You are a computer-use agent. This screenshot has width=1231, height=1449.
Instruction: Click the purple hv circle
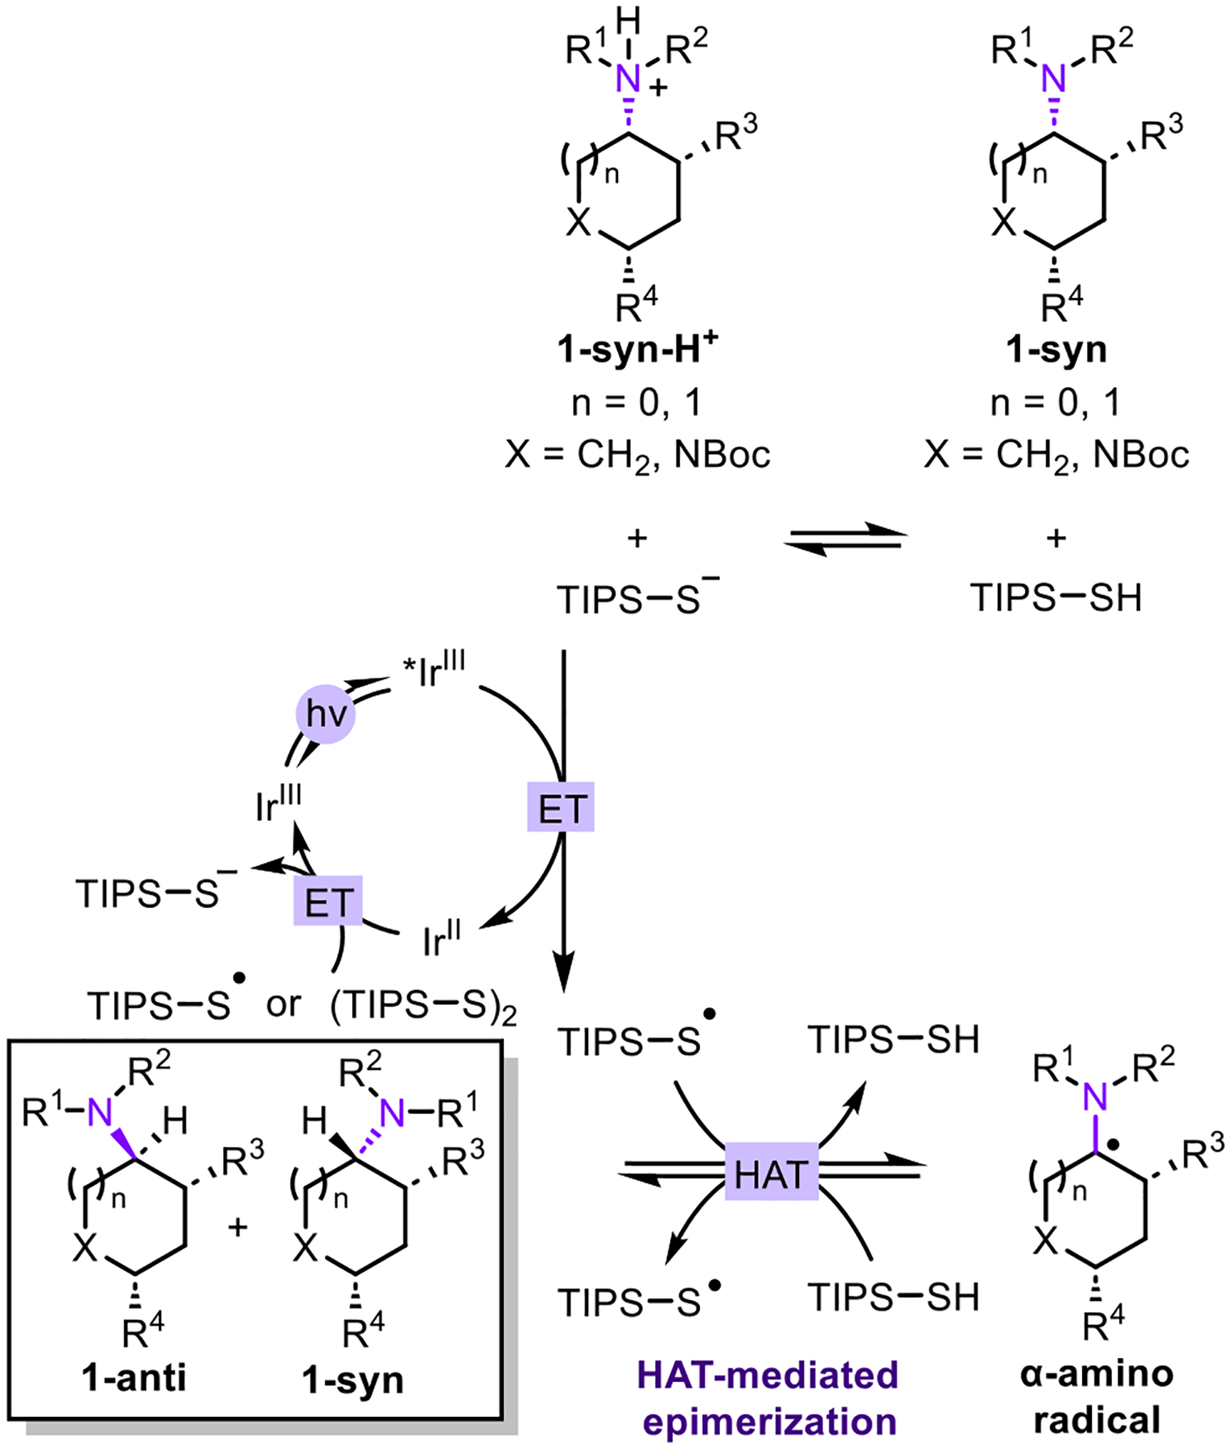(326, 714)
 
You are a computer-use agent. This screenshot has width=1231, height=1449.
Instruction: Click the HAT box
(771, 1174)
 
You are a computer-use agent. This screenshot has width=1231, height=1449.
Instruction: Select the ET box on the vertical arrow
(561, 807)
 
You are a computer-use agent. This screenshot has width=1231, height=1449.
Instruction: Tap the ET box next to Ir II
(327, 901)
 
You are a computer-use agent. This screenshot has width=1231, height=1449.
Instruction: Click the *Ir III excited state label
(435, 671)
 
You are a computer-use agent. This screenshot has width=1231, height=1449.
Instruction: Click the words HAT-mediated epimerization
(768, 1397)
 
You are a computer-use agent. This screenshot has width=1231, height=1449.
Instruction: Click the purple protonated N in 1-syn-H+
(628, 79)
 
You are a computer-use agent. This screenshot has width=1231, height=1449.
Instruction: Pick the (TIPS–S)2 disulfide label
(423, 1006)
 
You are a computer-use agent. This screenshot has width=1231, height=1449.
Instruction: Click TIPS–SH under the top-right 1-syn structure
(1056, 598)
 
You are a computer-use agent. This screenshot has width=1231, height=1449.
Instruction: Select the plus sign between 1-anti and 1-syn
(237, 1228)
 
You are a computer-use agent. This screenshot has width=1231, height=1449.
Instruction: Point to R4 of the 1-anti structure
(142, 1332)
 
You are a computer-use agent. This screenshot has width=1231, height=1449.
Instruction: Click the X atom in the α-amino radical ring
(1044, 1242)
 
